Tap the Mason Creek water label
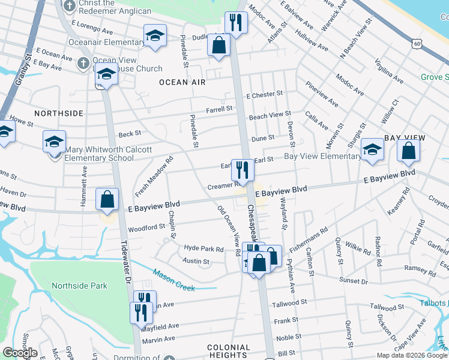[x=174, y=280]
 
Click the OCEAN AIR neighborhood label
[x=182, y=82]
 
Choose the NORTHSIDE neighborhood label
[x=58, y=113]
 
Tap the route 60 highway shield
[x=417, y=44]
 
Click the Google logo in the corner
[x=20, y=353]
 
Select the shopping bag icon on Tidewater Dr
[x=107, y=200]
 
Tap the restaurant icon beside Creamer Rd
[x=243, y=169]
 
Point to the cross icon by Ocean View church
[x=83, y=62]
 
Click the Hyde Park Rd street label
[x=203, y=248]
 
